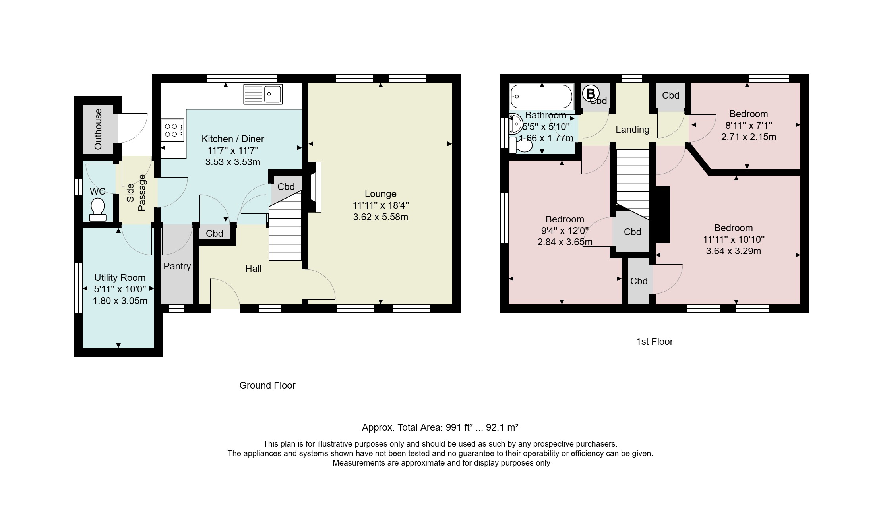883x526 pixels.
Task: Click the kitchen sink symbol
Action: coord(263,94)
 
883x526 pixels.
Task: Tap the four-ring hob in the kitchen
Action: coord(172,130)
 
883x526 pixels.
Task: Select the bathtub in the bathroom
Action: coord(542,97)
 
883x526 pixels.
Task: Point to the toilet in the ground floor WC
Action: coord(98,210)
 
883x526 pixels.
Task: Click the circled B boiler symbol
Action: coord(591,94)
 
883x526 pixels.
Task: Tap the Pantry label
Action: coord(177,266)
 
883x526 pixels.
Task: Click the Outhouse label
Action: coord(98,129)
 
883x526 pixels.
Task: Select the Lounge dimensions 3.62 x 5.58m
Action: coord(381,217)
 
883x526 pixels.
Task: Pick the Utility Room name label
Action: coord(120,278)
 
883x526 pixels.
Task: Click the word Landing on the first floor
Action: coord(632,130)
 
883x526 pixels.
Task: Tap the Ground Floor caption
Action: coord(267,385)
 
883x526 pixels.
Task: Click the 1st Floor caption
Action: coord(655,342)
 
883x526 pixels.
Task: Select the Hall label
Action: coord(254,269)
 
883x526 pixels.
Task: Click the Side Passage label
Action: coord(136,193)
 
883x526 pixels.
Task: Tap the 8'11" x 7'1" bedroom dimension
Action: coord(749,126)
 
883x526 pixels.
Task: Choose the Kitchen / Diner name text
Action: coord(233,139)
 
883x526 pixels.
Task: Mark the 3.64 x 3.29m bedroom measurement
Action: coord(734,251)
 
